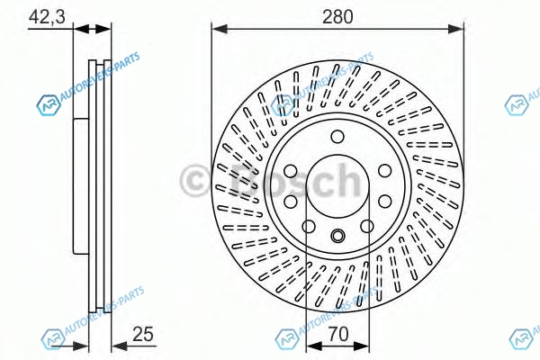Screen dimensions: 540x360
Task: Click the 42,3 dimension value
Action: point(47,16)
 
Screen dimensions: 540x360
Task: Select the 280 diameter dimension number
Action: point(337,16)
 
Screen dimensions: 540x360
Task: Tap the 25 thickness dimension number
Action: point(143,334)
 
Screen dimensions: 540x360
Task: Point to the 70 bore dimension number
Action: point(338,334)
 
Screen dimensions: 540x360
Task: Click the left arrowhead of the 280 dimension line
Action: point(220,30)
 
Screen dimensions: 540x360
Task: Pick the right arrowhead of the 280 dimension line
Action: point(456,30)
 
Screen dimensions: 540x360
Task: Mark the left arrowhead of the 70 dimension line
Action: point(314,346)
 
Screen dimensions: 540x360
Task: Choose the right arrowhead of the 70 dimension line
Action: point(361,346)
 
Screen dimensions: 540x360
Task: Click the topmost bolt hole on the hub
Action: point(337,137)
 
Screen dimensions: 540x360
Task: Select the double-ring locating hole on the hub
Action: point(337,236)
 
